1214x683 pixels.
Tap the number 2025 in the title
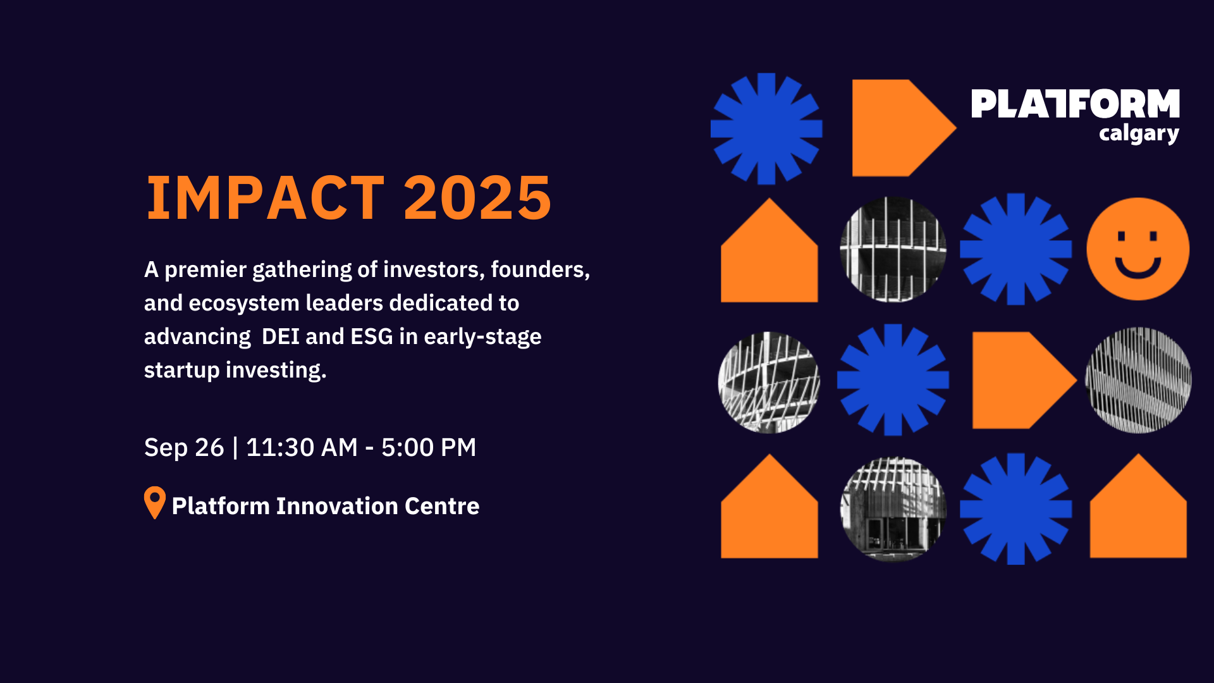477,198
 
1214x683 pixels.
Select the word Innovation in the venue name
336,506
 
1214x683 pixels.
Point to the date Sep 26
184,448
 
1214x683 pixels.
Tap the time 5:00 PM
428,448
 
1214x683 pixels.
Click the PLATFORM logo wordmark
1075,104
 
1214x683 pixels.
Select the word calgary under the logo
1138,134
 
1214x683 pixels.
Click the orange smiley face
1137,249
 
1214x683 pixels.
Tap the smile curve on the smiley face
1137,269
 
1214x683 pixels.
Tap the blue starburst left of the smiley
1015,249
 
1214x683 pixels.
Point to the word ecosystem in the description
244,304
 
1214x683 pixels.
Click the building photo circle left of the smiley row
893,249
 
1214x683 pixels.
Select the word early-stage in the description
482,336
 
